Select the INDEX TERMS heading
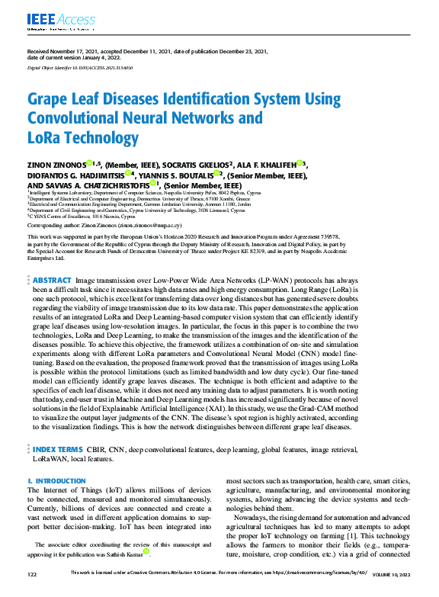click(59, 430)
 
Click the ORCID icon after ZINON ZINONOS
click(89, 163)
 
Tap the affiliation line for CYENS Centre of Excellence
click(77, 216)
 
